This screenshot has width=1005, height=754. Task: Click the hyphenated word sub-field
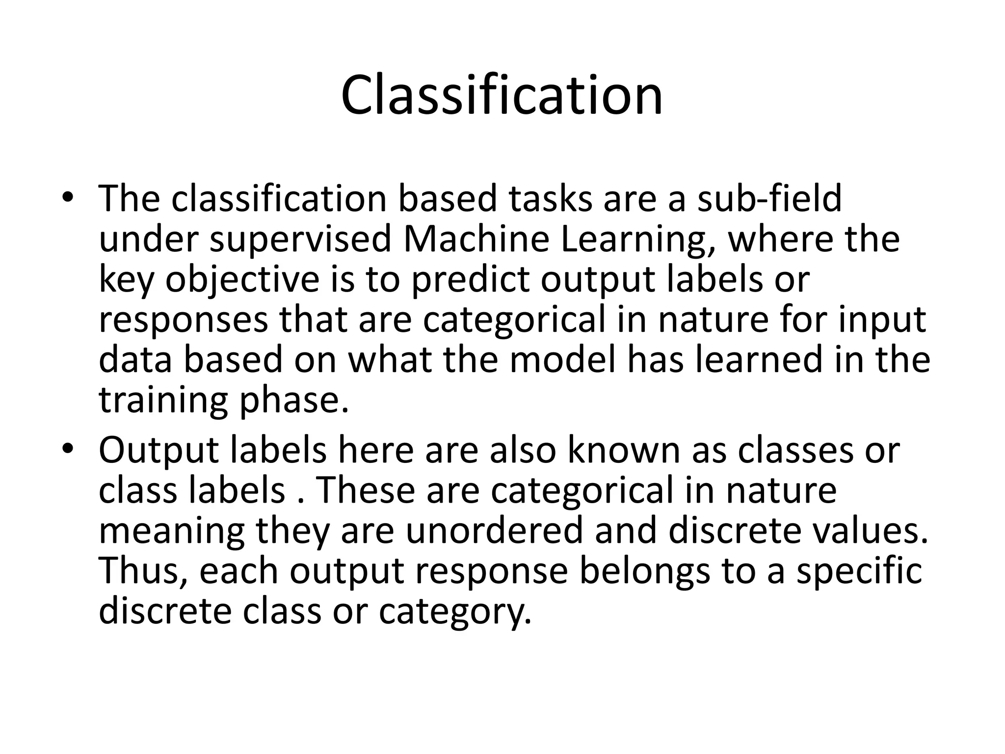pyautogui.click(x=769, y=198)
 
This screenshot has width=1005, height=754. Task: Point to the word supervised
pyautogui.click(x=300, y=239)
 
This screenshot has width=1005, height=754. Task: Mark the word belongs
pyautogui.click(x=644, y=571)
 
